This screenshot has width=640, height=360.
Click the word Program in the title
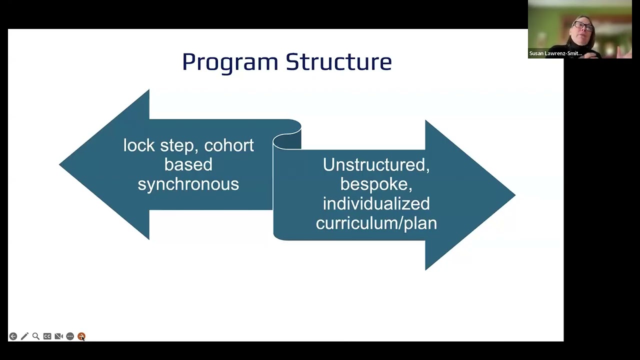tap(230, 62)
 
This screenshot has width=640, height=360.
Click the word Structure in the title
tap(338, 62)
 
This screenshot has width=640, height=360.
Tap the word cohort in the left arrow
tap(229, 145)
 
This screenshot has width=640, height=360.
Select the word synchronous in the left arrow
tap(188, 184)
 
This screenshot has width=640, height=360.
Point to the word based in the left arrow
tap(188, 164)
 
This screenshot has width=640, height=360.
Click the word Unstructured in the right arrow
tap(376, 165)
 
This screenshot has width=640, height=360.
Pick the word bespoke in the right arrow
tap(376, 184)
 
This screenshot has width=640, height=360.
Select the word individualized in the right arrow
tap(376, 203)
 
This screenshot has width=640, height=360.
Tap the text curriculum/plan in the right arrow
tap(376, 223)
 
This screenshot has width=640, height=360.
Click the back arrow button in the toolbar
tap(13, 336)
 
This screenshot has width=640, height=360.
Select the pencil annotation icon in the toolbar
tap(24, 336)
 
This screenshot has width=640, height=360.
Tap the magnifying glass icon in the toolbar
tap(36, 336)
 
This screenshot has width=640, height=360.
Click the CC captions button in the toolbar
tap(47, 336)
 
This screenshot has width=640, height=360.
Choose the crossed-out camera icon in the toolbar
tap(58, 336)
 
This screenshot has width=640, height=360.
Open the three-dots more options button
tap(70, 336)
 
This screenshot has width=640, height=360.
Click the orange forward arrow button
tap(81, 336)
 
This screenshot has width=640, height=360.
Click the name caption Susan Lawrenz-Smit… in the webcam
tap(555, 53)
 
